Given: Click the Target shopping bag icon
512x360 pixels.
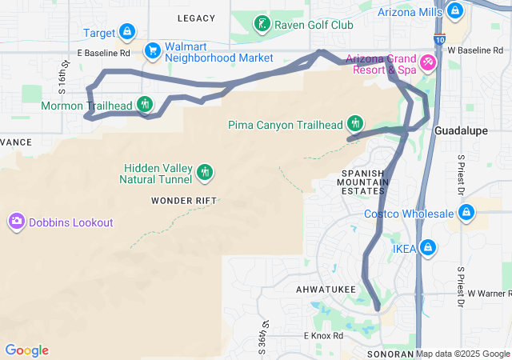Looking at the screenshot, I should [x=126, y=33].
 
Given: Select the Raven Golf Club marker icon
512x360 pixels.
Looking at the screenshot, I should [x=262, y=25].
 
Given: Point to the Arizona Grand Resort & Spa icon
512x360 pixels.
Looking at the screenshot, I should [x=428, y=62].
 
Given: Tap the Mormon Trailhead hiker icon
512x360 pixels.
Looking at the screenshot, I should [x=145, y=104].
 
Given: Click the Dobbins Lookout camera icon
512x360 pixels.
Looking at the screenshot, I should [x=16, y=222].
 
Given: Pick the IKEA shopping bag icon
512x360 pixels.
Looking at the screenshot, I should [x=428, y=248].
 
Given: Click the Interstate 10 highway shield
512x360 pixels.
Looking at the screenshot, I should [x=442, y=38].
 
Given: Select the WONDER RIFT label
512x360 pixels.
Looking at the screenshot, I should [x=183, y=200].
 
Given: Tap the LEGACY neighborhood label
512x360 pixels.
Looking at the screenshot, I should [x=196, y=18].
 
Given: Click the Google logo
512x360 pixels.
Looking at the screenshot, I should [x=26, y=350].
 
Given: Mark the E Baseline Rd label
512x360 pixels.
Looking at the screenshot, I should [x=103, y=53].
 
